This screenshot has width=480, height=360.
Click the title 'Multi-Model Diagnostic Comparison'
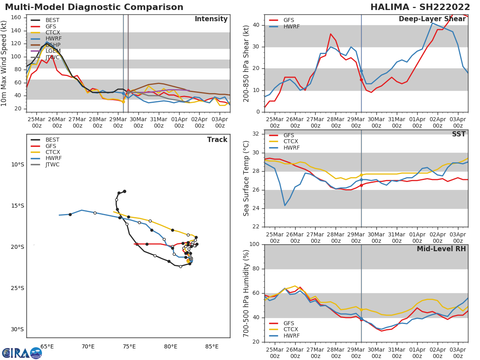click(94, 7)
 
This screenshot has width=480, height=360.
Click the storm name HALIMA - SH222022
click(420, 7)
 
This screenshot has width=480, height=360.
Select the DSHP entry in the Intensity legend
click(52, 45)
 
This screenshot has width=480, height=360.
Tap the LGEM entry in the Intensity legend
click(52, 51)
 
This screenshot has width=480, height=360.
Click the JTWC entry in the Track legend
click(52, 164)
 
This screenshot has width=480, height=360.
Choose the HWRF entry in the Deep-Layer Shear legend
click(291, 26)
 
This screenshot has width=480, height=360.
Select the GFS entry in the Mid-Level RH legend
click(288, 323)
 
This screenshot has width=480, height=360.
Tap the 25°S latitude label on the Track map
click(17, 288)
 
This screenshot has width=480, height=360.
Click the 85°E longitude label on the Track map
click(212, 346)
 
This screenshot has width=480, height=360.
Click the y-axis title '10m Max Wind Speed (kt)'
click(4, 63)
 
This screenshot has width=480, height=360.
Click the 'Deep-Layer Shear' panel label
click(432, 19)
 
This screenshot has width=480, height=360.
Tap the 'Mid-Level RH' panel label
click(441, 249)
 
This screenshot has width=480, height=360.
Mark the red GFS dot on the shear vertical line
click(361, 80)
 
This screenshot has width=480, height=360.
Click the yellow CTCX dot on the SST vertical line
click(361, 175)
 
